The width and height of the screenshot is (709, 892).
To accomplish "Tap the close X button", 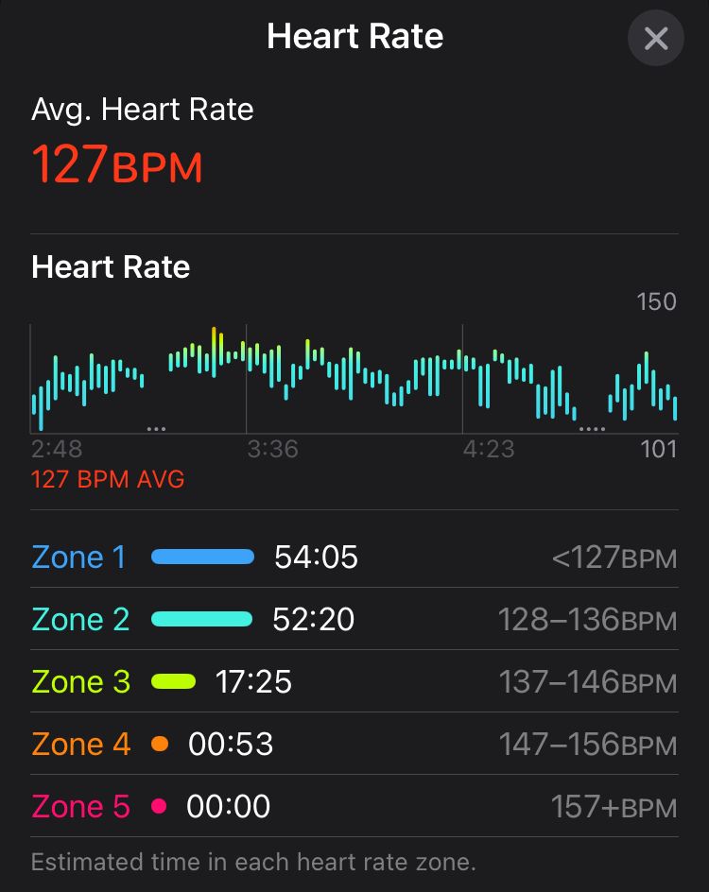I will tap(655, 39).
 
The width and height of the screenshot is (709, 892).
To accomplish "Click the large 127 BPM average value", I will tap(117, 163).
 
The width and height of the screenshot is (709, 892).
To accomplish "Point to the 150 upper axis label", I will tap(656, 301).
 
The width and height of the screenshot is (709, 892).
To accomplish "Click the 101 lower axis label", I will tap(659, 448).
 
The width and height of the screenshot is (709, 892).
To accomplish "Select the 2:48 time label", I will tap(57, 448).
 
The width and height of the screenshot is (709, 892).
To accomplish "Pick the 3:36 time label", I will tap(272, 448).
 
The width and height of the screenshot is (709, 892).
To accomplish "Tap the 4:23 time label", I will tap(489, 448).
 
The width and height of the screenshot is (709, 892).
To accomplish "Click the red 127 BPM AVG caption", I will tap(108, 479).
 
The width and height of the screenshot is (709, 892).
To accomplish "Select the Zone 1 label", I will tap(78, 557).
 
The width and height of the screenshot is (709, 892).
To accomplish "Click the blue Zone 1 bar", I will tap(203, 557).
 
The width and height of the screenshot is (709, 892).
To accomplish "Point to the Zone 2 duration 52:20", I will tap(314, 619).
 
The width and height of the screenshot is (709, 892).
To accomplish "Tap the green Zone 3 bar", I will tap(173, 681).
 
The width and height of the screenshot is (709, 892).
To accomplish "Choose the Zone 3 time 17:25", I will tap(254, 681).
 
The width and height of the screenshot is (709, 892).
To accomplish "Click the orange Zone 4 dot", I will tap(160, 744).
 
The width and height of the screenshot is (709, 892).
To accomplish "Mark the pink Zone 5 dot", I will tap(159, 806).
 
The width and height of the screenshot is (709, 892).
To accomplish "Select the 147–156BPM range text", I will tap(587, 744).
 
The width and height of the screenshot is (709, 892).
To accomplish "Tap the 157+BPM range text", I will tap(614, 806).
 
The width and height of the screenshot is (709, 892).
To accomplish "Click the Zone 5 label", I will tap(80, 806).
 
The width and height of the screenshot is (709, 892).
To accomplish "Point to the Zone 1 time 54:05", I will tap(316, 557).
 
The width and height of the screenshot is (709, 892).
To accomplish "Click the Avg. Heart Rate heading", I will tap(143, 110).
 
